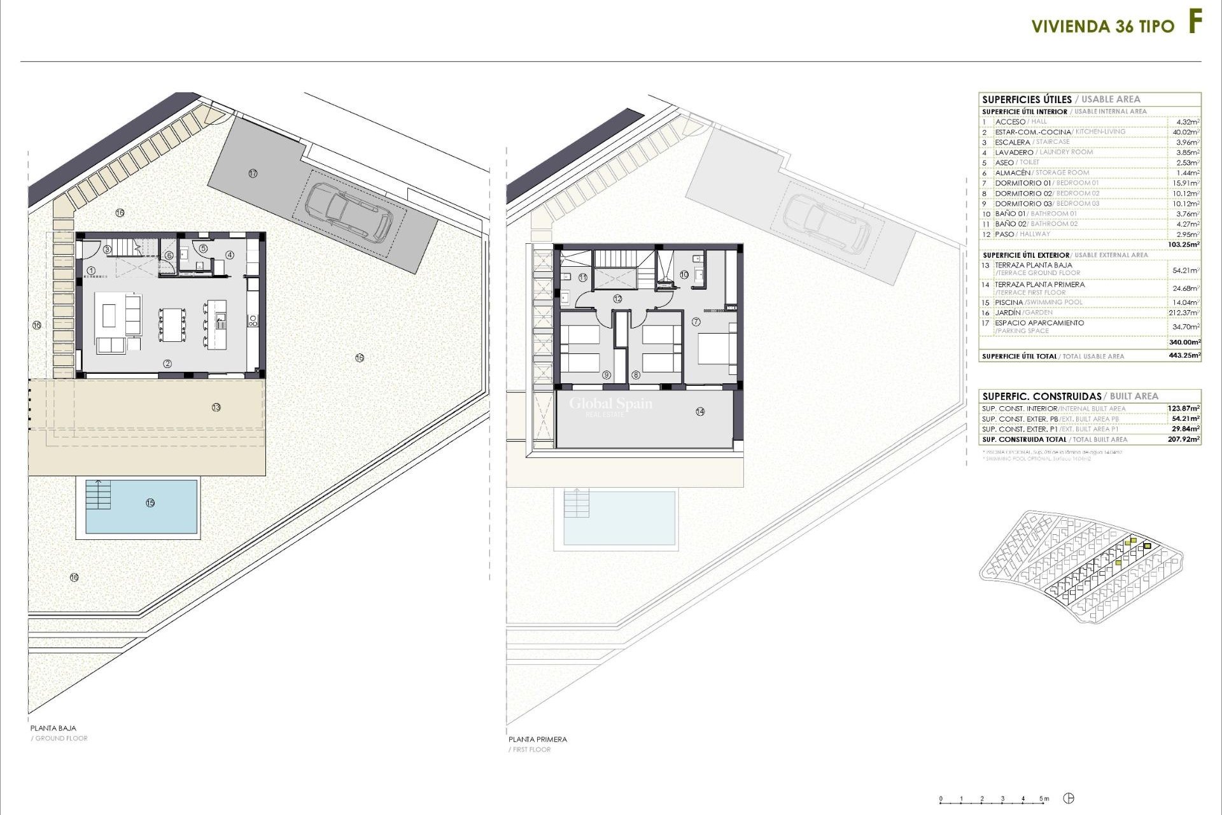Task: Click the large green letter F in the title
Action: pyautogui.click(x=1195, y=24)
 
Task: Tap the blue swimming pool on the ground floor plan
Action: pyautogui.click(x=141, y=506)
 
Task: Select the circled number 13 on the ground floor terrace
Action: pyautogui.click(x=216, y=407)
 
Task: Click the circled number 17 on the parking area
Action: pyautogui.click(x=253, y=173)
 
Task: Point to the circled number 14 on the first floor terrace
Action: pyautogui.click(x=700, y=411)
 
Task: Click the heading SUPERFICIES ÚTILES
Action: pyautogui.click(x=1027, y=99)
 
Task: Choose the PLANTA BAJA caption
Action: pyautogui.click(x=53, y=728)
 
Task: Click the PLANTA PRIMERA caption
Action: pyautogui.click(x=537, y=739)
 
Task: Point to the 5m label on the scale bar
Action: pyautogui.click(x=1044, y=798)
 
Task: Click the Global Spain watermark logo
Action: pyautogui.click(x=610, y=405)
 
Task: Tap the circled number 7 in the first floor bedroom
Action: pyautogui.click(x=696, y=322)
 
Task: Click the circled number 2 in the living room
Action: pyautogui.click(x=167, y=364)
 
